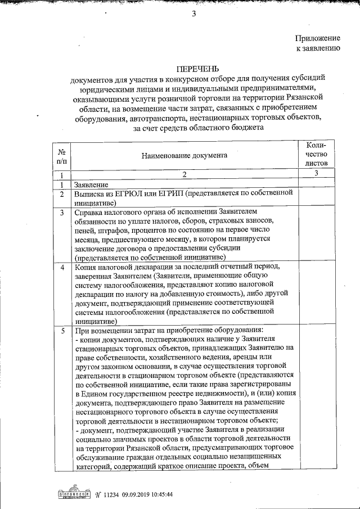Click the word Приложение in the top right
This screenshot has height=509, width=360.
318,38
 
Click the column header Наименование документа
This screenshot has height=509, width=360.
184,155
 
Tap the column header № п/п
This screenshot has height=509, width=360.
61,156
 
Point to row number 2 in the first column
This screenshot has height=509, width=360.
61,193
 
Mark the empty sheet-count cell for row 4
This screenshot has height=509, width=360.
317,293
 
